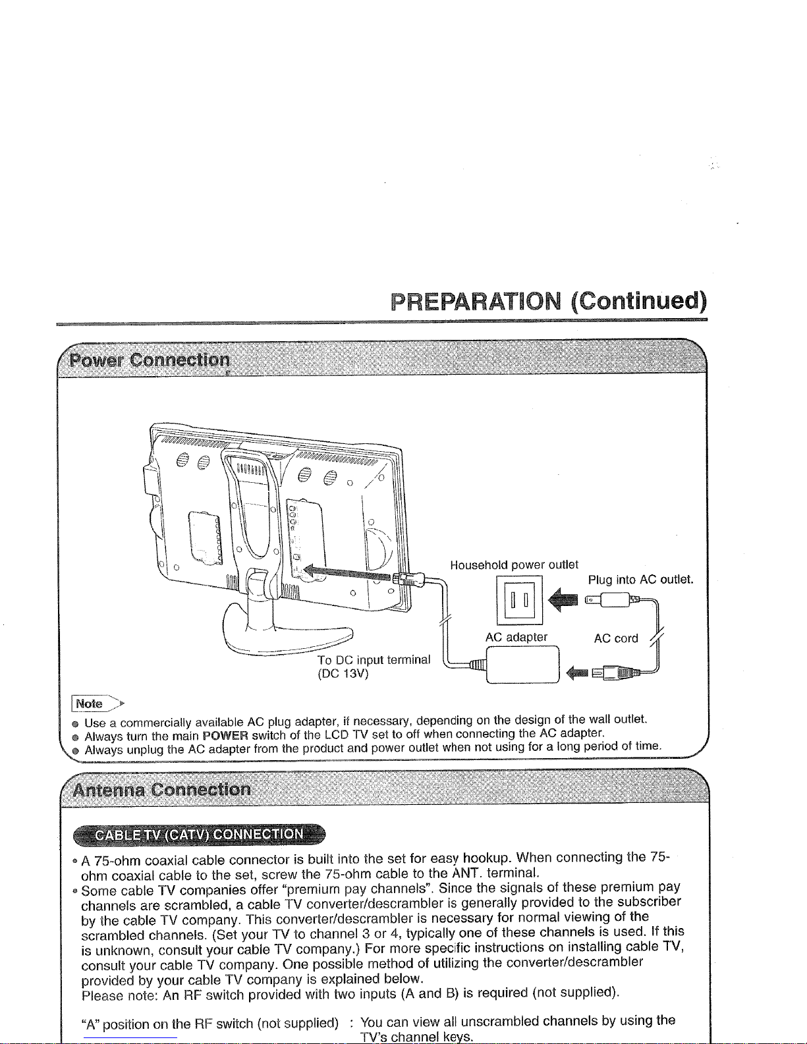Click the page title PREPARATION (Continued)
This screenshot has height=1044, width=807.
(549, 302)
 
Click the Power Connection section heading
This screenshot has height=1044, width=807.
(150, 360)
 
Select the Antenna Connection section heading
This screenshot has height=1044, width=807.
(161, 789)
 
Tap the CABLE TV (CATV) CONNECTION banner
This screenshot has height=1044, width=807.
(200, 834)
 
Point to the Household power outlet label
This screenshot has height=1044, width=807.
(514, 564)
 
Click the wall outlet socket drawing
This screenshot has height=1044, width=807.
(519, 600)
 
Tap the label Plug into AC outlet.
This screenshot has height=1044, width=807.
(641, 580)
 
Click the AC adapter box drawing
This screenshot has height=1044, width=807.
(522, 665)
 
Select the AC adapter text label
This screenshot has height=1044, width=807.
(516, 637)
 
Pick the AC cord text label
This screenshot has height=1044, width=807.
(616, 638)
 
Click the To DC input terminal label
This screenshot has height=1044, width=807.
(374, 659)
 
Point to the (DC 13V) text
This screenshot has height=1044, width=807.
(343, 674)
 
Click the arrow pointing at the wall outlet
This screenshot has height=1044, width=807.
(563, 601)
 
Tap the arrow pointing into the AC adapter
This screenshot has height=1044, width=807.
(577, 673)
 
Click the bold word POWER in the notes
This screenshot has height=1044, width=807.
(225, 736)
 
